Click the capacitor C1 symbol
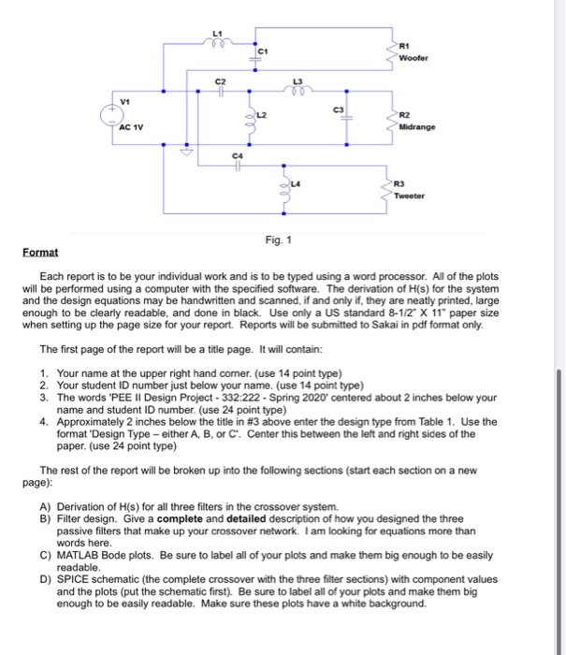[252, 54]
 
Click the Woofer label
[411, 58]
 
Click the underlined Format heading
[40, 253]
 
